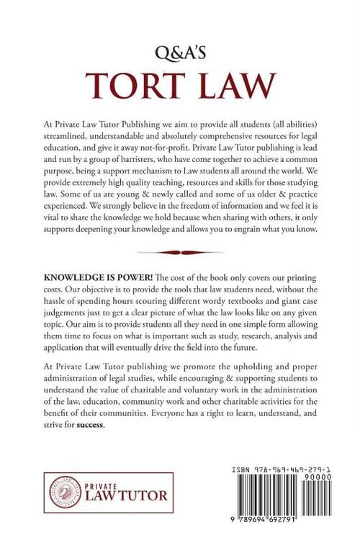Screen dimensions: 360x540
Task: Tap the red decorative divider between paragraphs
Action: (179, 252)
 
